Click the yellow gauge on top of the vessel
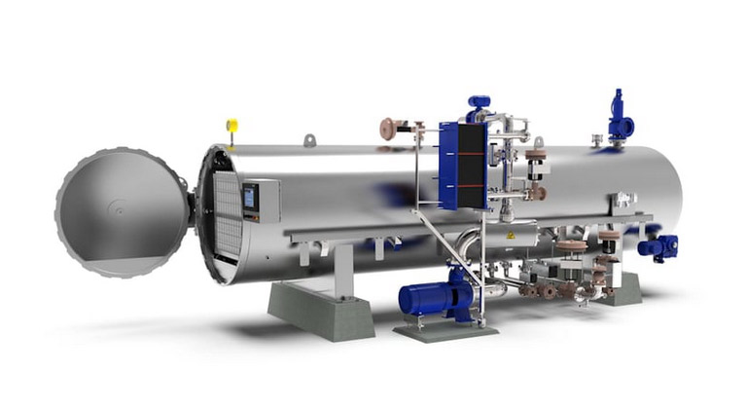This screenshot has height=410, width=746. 231,126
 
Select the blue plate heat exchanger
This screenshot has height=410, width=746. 461,165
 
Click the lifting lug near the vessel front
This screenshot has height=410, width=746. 310,141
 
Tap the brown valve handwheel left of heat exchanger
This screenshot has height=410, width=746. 388,128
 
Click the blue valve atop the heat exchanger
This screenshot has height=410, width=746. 478,103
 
